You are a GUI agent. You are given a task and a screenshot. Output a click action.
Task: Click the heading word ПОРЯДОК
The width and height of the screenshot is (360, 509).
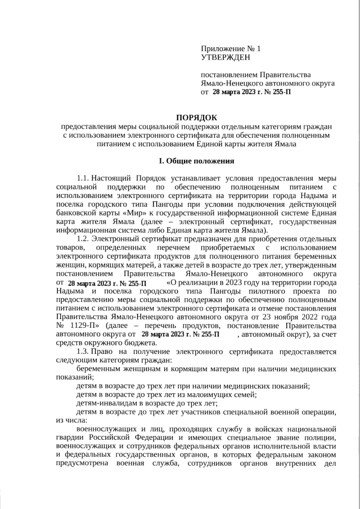(196, 117)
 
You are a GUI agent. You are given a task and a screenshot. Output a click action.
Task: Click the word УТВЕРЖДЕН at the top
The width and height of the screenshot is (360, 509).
(226, 57)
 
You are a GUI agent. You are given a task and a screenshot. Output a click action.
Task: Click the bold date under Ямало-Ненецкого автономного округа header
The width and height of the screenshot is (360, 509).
(251, 91)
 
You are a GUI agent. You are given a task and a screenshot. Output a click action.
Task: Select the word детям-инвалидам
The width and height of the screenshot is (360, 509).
(105, 402)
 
